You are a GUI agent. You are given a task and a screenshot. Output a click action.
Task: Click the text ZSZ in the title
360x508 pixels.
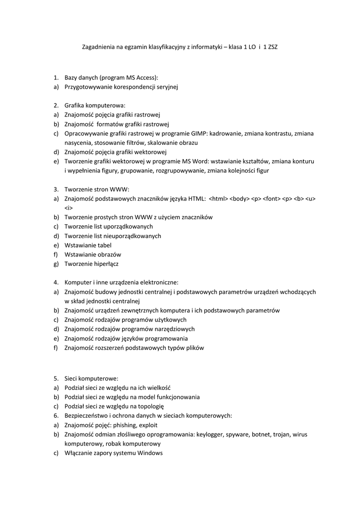pos(272,47)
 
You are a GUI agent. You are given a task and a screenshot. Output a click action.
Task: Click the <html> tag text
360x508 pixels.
pos(218,198)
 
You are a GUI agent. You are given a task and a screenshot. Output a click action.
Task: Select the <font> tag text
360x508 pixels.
pos(272,198)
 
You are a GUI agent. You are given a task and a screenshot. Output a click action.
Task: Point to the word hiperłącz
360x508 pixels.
pos(104,264)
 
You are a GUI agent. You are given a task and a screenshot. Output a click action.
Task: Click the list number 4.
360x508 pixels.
pos(56,282)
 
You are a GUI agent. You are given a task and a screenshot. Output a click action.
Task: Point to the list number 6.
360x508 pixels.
pos(56,416)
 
